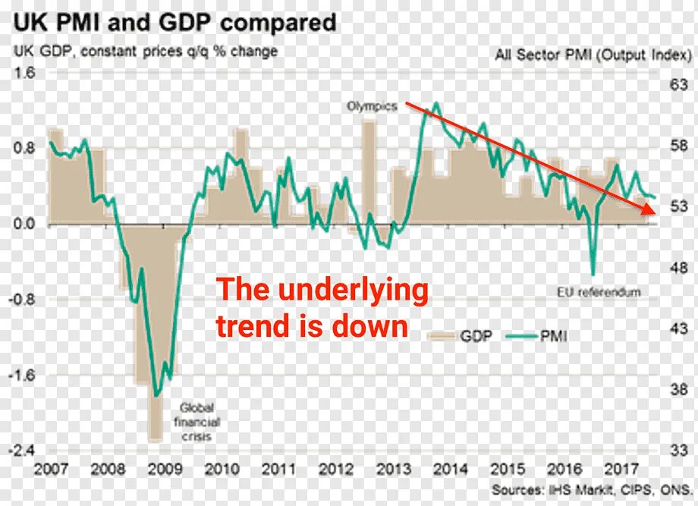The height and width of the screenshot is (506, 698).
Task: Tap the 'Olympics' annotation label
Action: point(372,107)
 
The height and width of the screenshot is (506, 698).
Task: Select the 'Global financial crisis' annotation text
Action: point(197,422)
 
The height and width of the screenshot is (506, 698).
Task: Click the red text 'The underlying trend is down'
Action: point(322,307)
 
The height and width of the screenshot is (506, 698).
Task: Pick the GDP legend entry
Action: point(458,335)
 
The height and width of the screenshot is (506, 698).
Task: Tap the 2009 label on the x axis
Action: point(165,469)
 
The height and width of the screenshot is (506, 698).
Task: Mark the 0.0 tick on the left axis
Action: point(24,225)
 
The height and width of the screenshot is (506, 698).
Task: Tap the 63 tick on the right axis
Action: point(678,86)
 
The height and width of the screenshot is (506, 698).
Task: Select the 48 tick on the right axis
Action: point(678,268)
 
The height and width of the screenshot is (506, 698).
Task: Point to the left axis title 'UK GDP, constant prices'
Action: point(143,52)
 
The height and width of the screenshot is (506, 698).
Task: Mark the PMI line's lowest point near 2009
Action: point(156,395)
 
